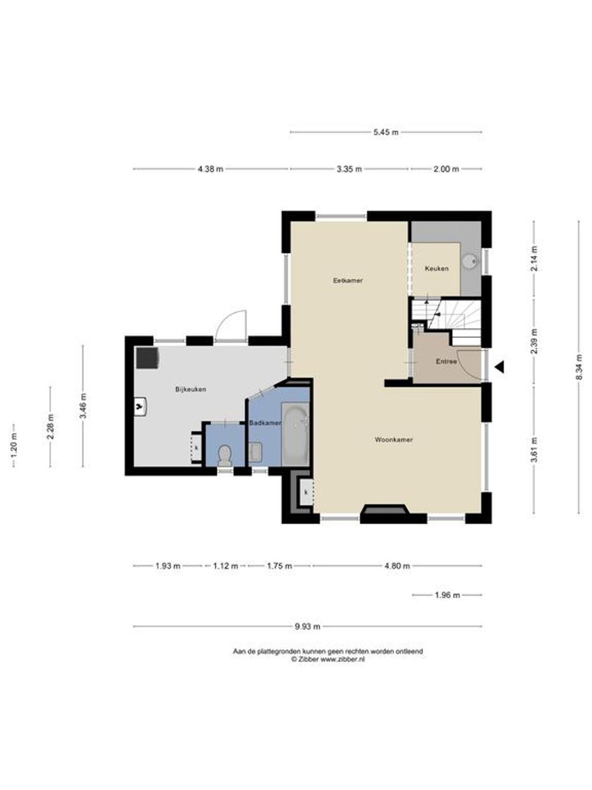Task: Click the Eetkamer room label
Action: (348, 280)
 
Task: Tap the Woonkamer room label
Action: (394, 439)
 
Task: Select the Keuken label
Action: (437, 268)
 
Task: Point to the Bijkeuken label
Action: (190, 389)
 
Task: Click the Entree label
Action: (446, 361)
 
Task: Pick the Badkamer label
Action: (265, 423)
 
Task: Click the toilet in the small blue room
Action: (224, 456)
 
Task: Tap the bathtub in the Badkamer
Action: (295, 434)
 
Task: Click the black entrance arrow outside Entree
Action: (499, 367)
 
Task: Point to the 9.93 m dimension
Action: (307, 626)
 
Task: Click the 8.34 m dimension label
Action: (578, 367)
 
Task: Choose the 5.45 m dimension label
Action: (386, 132)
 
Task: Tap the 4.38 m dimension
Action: (210, 169)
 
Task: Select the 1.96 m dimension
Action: (447, 595)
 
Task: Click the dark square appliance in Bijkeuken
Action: (148, 358)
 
